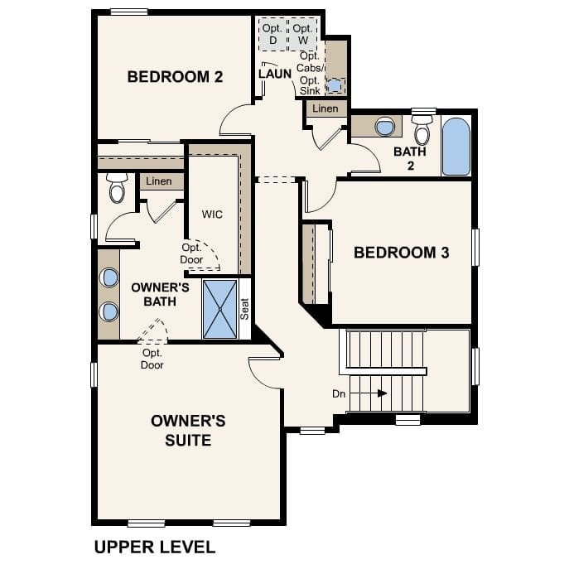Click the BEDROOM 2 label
pyautogui.click(x=175, y=77)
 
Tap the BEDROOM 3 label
pyautogui.click(x=401, y=253)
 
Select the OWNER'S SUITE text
pyautogui.click(x=188, y=430)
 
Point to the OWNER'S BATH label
pyautogui.click(x=160, y=294)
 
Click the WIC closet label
pyautogui.click(x=212, y=214)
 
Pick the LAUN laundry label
pyautogui.click(x=275, y=74)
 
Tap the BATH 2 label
pyautogui.click(x=409, y=158)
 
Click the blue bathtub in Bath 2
pyautogui.click(x=456, y=147)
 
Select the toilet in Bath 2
pyautogui.click(x=422, y=130)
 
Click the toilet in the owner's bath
pyautogui.click(x=116, y=189)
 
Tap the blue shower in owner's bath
pyautogui.click(x=219, y=309)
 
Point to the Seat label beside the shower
pyautogui.click(x=244, y=309)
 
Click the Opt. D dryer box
pyautogui.click(x=272, y=34)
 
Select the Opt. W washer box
pyautogui.click(x=302, y=34)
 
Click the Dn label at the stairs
pyautogui.click(x=339, y=394)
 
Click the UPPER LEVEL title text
pyautogui.click(x=155, y=547)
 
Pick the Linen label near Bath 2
pyautogui.click(x=325, y=108)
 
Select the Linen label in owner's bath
pyautogui.click(x=159, y=181)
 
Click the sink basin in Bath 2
pyautogui.click(x=384, y=127)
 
